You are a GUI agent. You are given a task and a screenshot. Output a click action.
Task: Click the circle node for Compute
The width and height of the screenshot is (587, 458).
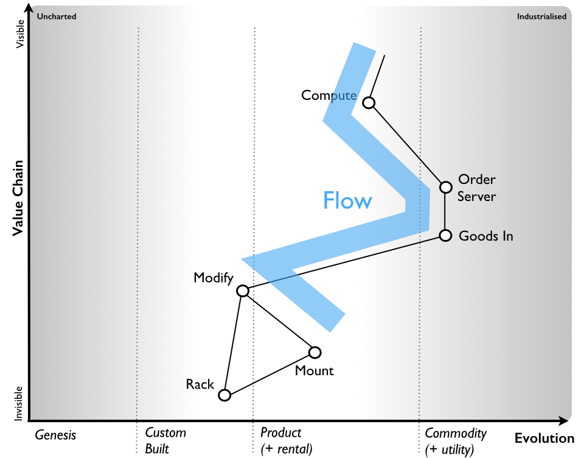click(368, 102)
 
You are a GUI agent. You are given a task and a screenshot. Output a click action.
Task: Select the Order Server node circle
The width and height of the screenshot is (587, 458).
click(446, 187)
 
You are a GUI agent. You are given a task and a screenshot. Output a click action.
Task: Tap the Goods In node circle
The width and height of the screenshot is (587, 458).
click(445, 235)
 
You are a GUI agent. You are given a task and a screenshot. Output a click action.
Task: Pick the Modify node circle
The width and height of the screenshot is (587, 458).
click(243, 291)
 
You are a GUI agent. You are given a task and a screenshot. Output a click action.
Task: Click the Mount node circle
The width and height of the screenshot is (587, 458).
click(314, 352)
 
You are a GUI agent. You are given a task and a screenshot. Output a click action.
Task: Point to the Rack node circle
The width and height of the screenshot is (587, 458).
click(224, 395)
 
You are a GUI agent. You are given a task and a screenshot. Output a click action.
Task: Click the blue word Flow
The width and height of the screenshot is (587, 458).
click(347, 200)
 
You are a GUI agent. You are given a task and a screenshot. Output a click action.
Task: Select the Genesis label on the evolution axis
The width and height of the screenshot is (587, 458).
click(55, 435)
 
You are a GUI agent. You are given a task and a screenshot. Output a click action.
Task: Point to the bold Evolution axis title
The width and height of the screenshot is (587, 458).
click(544, 439)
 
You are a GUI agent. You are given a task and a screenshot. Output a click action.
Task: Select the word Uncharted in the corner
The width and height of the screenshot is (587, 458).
click(57, 16)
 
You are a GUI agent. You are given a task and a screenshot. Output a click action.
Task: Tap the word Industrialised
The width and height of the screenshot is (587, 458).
click(541, 16)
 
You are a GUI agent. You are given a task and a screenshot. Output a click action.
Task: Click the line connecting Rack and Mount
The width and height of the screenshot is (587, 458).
click(269, 373)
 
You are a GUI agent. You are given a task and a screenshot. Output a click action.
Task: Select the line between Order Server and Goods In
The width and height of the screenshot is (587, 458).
click(445, 211)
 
